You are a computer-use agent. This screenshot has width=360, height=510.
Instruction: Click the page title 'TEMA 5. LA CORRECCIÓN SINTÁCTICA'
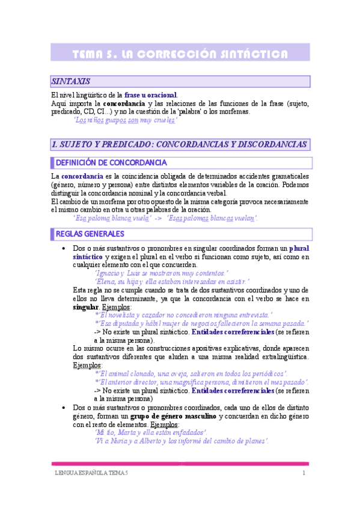180,55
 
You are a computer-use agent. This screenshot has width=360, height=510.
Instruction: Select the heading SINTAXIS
72,81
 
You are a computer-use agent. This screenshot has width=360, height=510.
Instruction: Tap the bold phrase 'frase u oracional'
150,95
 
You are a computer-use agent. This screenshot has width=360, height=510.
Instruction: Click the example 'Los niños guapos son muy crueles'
125,120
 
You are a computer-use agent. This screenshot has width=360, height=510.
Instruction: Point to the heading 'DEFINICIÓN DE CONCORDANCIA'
111,163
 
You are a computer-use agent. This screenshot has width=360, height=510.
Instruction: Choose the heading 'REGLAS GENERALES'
90,233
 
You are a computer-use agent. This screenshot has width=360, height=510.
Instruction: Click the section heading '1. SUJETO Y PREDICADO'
180,144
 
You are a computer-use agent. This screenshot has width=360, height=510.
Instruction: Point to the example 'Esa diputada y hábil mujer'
202,323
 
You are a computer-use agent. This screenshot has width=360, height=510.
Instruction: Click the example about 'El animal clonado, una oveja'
191,373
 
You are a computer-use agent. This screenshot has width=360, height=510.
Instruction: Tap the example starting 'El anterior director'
201,382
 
